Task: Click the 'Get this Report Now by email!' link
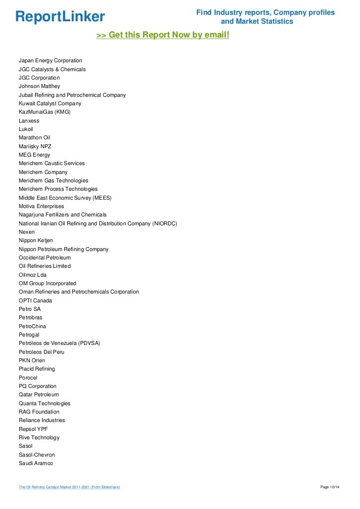pos(163,36)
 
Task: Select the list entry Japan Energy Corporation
pos(50,61)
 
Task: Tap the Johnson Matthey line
pos(39,86)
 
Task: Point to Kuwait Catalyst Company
pos(50,104)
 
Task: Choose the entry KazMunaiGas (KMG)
pos(45,112)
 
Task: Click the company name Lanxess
pos(29,121)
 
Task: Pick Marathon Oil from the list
pos(35,137)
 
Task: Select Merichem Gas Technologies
pos(53,180)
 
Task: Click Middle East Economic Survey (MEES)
pos(65,198)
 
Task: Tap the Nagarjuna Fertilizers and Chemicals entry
pos(63,214)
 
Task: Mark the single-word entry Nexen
pos(27,232)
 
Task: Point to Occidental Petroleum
pos(45,257)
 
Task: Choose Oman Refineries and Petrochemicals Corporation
pos(79,292)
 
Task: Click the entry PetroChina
pos(33,326)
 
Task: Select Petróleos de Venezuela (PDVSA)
pos(59,343)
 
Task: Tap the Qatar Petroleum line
pos(39,394)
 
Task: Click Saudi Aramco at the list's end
pos(36,463)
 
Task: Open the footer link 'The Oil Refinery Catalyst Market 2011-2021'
pos(69,487)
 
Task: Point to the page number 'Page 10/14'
pos(330,487)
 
